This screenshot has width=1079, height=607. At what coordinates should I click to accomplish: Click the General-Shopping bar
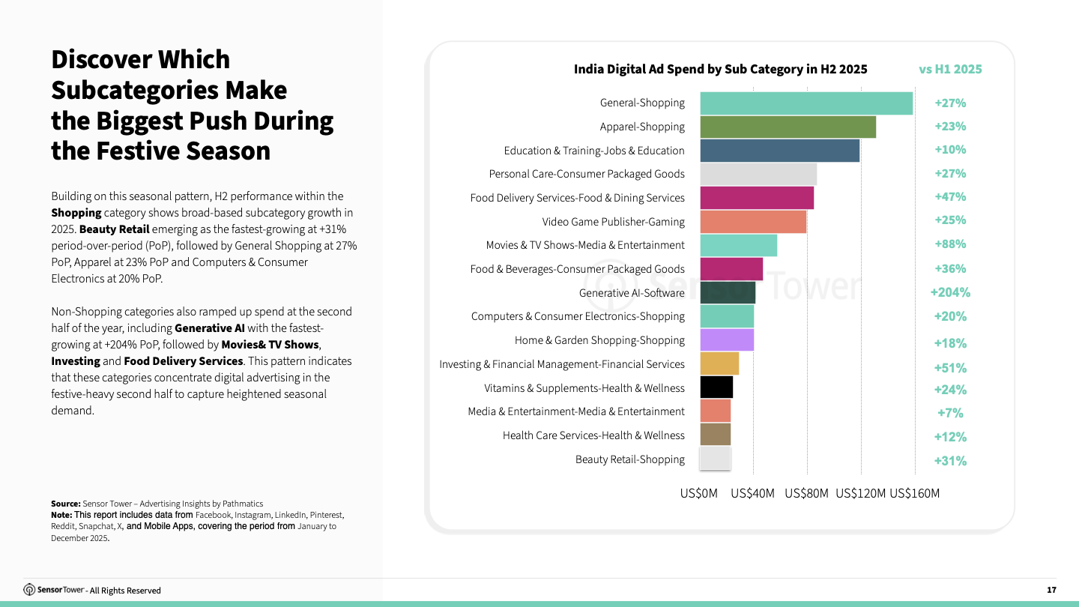pos(806,103)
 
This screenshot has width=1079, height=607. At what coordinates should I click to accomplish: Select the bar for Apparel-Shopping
pos(788,127)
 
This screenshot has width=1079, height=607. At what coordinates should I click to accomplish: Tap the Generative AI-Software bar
pos(728,293)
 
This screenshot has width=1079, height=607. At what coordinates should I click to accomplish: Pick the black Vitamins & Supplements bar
pos(716,387)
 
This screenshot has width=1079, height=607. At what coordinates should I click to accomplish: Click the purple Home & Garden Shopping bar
pos(727,340)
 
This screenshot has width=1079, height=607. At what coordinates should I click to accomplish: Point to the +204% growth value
pos(950,292)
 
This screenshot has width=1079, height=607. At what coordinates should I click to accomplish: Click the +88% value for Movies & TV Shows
pos(950,244)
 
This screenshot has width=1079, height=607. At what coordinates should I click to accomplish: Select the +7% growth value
pos(950,413)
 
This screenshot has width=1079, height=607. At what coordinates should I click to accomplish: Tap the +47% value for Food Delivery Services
pos(950,197)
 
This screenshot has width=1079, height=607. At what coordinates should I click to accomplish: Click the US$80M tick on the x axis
pos(807,493)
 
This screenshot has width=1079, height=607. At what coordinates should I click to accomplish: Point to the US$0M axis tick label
pos(698,493)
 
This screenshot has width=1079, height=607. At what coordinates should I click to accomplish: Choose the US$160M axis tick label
pos(914,493)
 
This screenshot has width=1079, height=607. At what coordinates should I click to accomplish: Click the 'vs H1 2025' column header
pos(950,69)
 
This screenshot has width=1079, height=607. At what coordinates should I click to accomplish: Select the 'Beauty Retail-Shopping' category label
pos(629,459)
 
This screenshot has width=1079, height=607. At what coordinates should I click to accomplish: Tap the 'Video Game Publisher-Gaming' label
pos(613,222)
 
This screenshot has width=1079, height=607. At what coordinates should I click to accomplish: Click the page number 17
pos(1051,591)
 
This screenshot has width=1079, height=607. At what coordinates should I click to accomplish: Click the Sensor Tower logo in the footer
pos(54,590)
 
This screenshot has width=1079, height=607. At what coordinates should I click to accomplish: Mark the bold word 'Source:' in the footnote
pos(65,504)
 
